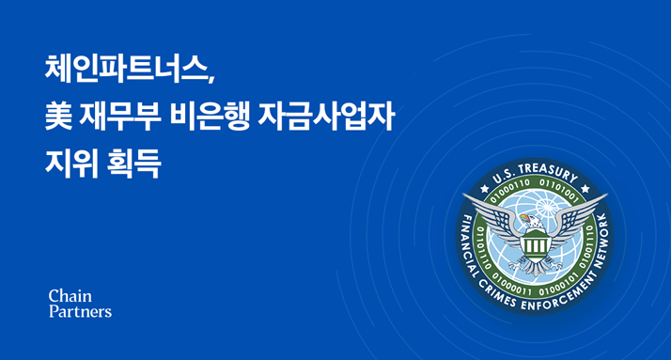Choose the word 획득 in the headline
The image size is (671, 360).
click(135, 165)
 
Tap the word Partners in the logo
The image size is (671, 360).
click(80, 311)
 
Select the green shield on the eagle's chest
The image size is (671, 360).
click(537, 246)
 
